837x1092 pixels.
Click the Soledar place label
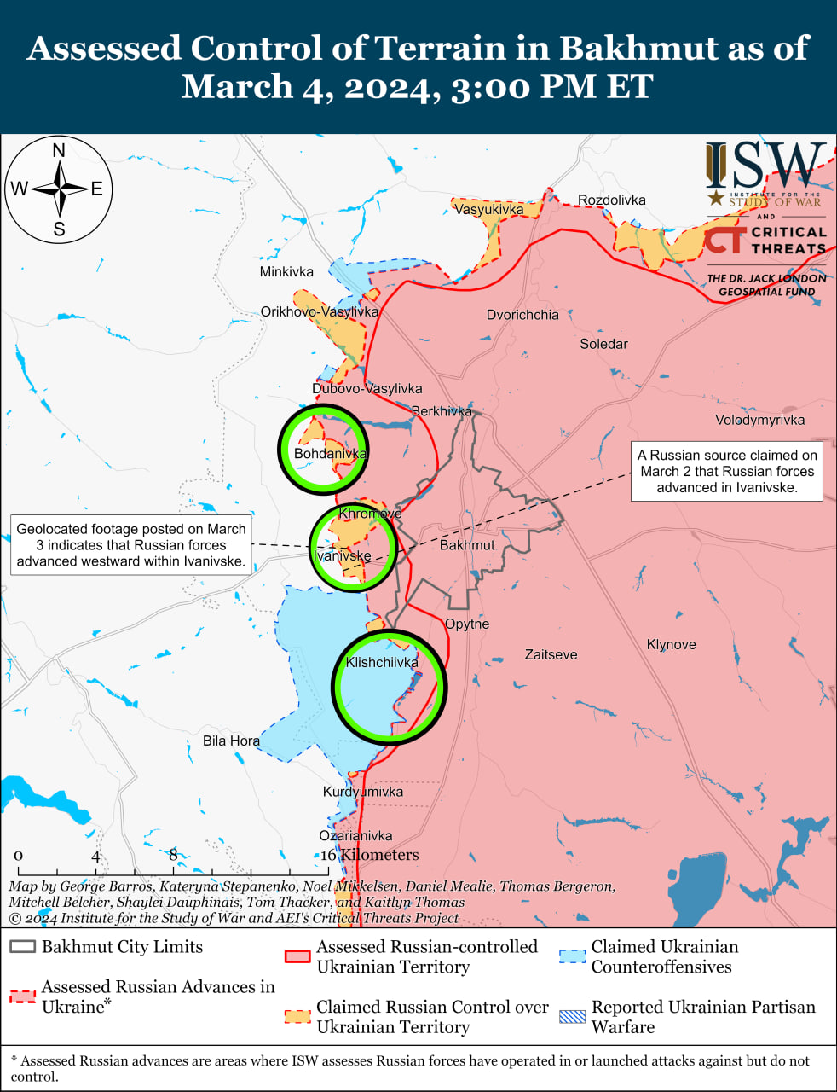(603, 344)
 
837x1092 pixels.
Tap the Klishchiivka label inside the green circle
(382, 663)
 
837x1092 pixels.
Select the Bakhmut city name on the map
(467, 545)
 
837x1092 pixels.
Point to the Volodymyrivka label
(759, 420)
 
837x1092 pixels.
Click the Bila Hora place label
(231, 741)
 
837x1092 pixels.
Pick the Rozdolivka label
(611, 200)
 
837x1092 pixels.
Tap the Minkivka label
(286, 272)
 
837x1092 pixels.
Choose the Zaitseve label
(551, 655)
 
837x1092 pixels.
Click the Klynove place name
(671, 645)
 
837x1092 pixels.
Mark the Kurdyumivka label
(363, 792)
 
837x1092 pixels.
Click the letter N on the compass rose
(59, 151)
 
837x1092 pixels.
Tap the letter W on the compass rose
(19, 189)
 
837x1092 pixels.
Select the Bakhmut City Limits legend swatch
(23, 947)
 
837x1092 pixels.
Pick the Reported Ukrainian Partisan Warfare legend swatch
(572, 1016)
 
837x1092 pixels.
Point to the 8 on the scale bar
(173, 855)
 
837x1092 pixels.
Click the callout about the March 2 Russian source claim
(727, 472)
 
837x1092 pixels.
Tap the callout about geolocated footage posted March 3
(131, 545)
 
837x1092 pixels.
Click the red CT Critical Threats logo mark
(724, 239)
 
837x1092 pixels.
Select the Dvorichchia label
(522, 315)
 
